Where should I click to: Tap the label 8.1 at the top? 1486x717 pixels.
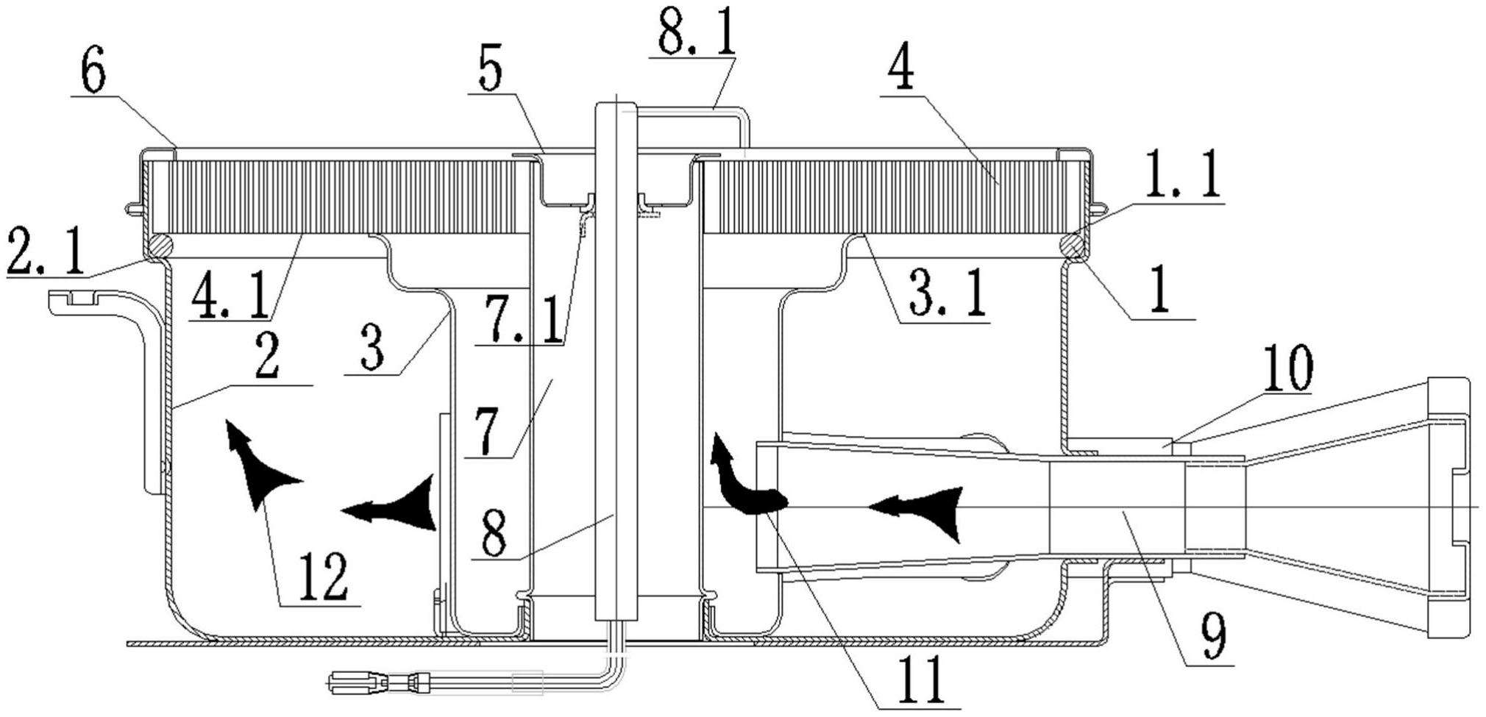696,32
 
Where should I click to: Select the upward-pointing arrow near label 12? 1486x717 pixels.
254,463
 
